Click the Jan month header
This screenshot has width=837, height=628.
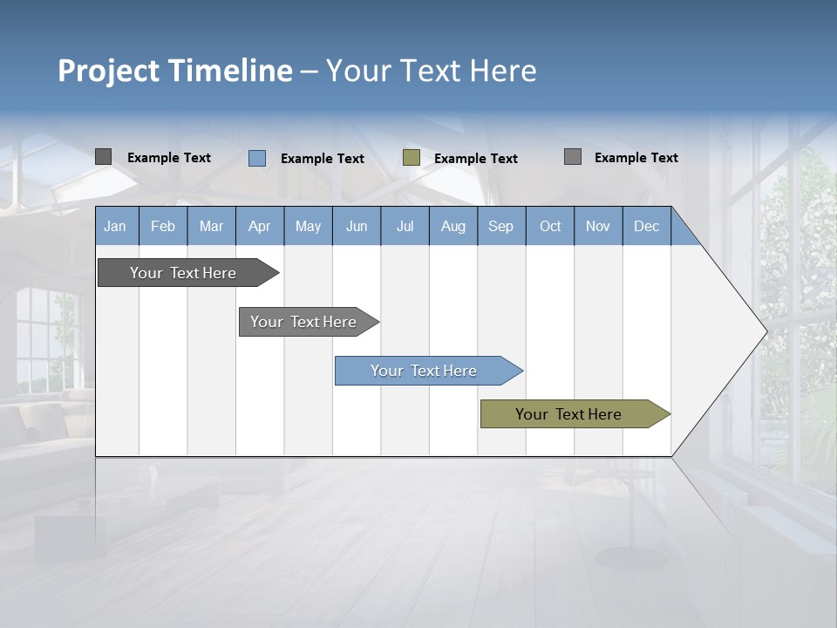pos(116,226)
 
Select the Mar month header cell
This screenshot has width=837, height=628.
pos(211,226)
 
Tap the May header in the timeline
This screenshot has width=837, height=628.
pos(308,226)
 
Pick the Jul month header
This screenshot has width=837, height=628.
pos(405,226)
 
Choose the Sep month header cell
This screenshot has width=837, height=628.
pos(500,226)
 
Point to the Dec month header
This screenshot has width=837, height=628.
pos(646,226)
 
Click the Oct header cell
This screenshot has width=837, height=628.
pos(550,226)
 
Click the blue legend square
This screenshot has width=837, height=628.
pos(257,158)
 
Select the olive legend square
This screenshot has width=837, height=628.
pos(412,158)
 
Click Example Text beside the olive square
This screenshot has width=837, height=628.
pos(475,159)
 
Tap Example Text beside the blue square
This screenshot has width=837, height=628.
pos(322,159)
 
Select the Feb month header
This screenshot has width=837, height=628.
pos(163,226)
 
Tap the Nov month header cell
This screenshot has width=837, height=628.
pos(598,226)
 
